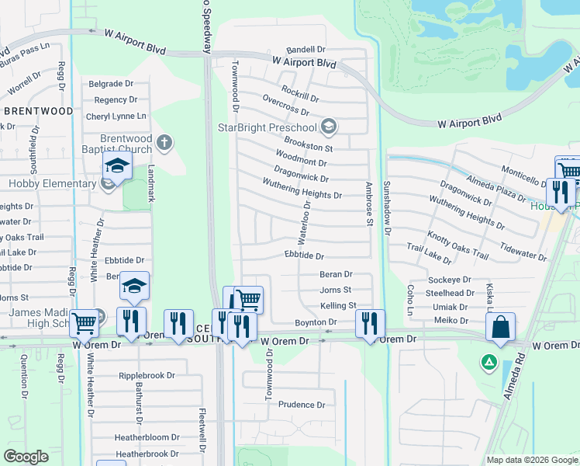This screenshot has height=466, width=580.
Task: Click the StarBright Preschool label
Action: click(x=268, y=127)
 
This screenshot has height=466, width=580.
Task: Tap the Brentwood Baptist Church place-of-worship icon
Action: click(x=163, y=143)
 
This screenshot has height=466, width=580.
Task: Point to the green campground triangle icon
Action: click(x=489, y=361)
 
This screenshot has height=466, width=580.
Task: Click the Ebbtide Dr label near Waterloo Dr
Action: click(x=303, y=255)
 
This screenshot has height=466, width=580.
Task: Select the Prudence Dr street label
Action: click(x=302, y=405)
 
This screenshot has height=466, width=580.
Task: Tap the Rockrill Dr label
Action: click(x=300, y=93)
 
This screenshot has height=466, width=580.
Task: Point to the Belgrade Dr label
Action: click(x=112, y=83)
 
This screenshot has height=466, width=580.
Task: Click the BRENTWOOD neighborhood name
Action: click(x=38, y=111)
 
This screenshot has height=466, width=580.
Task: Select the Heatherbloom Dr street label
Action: click(x=147, y=437)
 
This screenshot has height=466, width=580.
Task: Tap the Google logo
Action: click(x=26, y=457)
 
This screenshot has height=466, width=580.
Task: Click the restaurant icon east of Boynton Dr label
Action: click(x=370, y=323)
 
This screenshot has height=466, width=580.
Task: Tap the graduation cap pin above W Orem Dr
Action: click(x=134, y=286)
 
